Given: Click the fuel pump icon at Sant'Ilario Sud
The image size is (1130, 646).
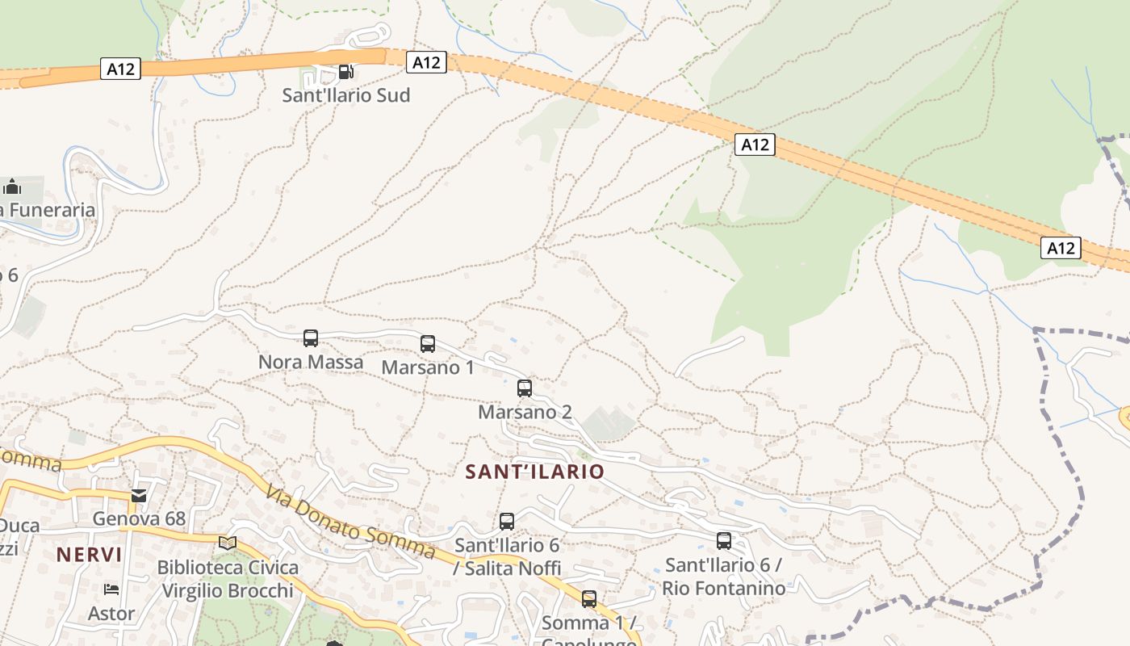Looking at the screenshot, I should (x=345, y=71).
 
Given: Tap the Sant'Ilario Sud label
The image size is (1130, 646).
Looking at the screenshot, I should (x=345, y=95).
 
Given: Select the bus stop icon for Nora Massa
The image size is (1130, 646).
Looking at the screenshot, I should (x=311, y=338).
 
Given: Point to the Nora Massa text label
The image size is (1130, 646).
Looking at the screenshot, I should (x=311, y=362).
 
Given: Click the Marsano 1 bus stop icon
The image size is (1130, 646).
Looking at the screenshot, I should (x=428, y=344).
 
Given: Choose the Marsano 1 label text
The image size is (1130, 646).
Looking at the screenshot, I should (x=428, y=367).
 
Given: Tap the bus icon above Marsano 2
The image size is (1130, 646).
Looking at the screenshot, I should (x=525, y=388).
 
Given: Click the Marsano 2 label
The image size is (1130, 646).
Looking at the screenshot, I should (x=525, y=412).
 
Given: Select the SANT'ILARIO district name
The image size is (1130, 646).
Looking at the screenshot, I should (x=534, y=472).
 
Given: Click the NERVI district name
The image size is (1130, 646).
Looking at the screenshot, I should (x=90, y=555).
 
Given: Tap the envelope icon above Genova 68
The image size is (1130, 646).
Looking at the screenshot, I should (x=139, y=495).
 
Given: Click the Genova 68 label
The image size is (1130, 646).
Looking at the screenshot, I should (x=139, y=518).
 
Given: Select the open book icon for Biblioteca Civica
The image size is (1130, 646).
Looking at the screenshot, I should (x=228, y=543).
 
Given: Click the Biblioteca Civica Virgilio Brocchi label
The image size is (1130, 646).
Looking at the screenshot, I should (x=228, y=579).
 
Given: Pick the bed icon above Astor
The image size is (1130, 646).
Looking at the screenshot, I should (x=111, y=589).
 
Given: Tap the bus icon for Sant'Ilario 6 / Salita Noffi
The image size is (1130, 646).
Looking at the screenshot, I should (x=507, y=522).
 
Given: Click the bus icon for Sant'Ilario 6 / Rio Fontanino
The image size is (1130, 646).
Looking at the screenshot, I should (x=724, y=541).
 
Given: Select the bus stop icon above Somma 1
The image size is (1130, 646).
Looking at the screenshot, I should (x=589, y=599).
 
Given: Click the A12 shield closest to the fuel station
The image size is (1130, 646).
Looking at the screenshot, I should (x=426, y=62).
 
